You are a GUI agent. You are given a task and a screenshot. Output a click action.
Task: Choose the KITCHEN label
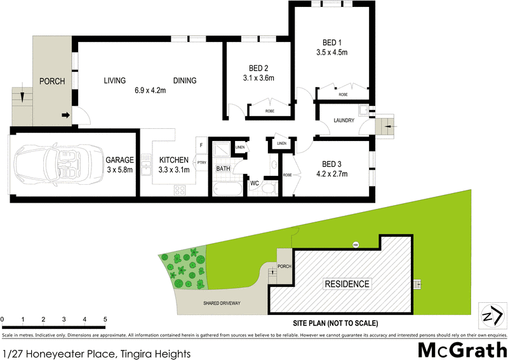173,160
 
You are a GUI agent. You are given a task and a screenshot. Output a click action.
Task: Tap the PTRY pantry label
202,163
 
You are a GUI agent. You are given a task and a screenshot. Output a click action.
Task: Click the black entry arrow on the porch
65,116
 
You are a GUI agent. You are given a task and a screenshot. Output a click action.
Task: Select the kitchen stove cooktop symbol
180,189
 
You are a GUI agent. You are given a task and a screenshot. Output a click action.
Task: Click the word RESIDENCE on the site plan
347,284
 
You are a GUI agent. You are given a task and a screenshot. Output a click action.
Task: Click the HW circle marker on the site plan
356,245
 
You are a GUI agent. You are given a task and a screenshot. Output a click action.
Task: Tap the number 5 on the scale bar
105,319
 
